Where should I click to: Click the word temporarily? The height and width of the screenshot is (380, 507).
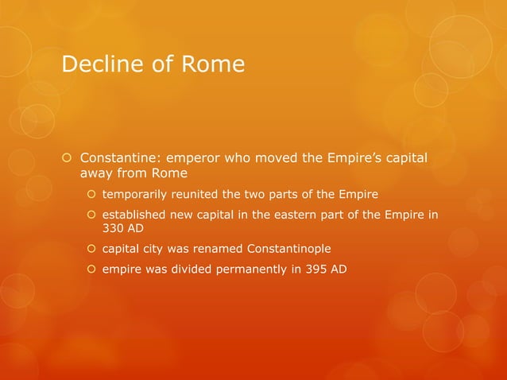tap(138, 194)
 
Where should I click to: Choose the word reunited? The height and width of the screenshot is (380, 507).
tap(207, 194)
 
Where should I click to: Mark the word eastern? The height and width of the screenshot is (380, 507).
tap(307, 215)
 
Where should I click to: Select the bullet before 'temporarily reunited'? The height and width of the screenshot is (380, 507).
tap(91, 194)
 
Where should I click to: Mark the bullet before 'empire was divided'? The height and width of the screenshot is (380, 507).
tap(91, 269)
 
